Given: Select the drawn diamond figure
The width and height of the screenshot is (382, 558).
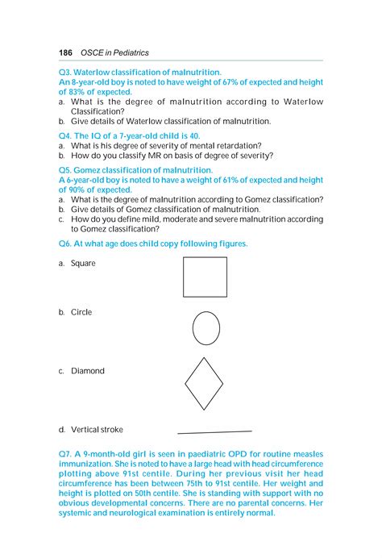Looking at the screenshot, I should click(204, 383).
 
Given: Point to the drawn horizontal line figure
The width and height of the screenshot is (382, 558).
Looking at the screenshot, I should click(214, 432).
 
